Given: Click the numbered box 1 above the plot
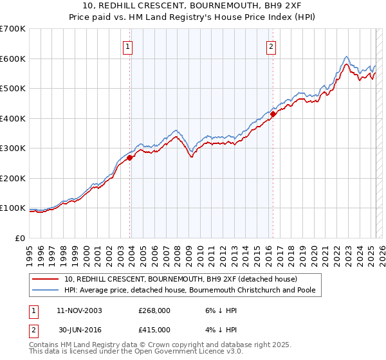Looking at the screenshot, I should (x=129, y=46).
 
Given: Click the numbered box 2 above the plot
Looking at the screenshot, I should (x=271, y=46).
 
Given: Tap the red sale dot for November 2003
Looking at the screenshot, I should (x=130, y=157).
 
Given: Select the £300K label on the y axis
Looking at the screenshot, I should (x=14, y=148).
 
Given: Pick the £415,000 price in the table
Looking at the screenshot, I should (x=154, y=330).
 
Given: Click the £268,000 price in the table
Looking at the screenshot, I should (x=154, y=310).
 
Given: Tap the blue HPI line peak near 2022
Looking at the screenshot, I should (x=346, y=57).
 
